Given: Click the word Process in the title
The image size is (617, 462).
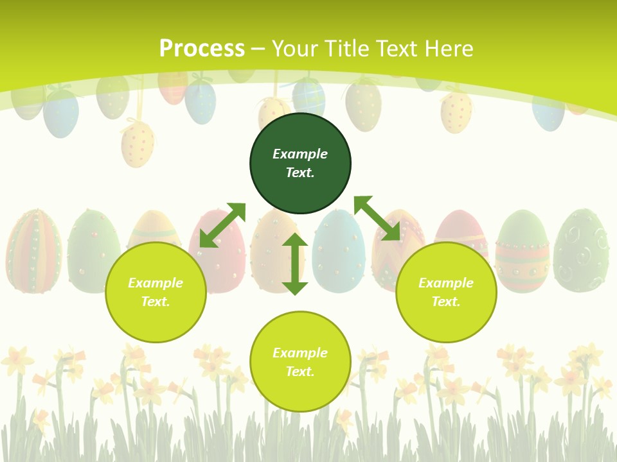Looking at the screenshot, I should (x=202, y=49).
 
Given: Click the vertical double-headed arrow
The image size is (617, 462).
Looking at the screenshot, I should (x=295, y=264).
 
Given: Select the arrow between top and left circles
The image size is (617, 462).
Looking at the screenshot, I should (x=222, y=225).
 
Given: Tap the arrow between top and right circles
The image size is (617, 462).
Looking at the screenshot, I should (x=377, y=218).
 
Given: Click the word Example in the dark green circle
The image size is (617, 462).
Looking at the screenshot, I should (x=300, y=154).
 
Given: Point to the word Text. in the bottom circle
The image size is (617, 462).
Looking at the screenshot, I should (x=300, y=372).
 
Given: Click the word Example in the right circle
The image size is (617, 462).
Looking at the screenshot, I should (x=446, y=283).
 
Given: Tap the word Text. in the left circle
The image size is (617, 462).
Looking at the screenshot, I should (x=156, y=302).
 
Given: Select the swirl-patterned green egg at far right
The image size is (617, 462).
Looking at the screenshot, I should (x=581, y=250).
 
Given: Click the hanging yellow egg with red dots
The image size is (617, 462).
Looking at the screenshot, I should (x=138, y=144).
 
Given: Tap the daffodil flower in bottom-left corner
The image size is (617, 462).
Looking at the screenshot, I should (x=17, y=361).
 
